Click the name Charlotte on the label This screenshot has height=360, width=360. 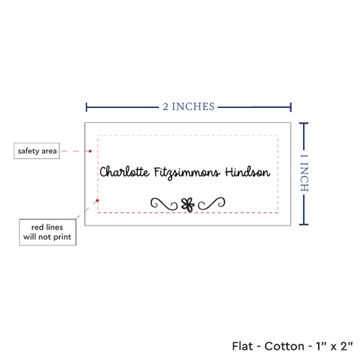pyautogui.click(x=124, y=172)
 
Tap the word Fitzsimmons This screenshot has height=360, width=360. pyautogui.click(x=187, y=173)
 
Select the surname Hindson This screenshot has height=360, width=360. pyautogui.click(x=247, y=172)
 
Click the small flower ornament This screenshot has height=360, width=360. pyautogui.click(x=188, y=205)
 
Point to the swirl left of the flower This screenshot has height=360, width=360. pyautogui.click(x=164, y=204)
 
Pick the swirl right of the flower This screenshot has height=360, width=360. pyautogui.click(x=211, y=204)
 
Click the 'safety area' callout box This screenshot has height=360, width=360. pyautogui.click(x=37, y=151)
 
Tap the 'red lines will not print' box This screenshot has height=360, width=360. pyautogui.click(x=48, y=232)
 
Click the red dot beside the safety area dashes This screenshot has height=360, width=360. pyautogui.click(x=90, y=151)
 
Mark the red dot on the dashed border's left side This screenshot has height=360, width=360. pyautogui.click(x=98, y=200)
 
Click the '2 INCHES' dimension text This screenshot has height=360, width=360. pyautogui.click(x=189, y=107)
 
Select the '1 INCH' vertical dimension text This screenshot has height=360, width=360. pyautogui.click(x=304, y=173)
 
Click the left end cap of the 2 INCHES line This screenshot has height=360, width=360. pyautogui.click(x=86, y=107)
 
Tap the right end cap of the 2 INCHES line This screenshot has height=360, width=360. pyautogui.click(x=291, y=107)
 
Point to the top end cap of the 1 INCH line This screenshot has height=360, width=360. pyautogui.click(x=304, y=124)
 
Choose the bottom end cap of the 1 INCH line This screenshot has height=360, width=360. pyautogui.click(x=304, y=225)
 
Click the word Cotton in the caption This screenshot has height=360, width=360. pyautogui.click(x=284, y=346)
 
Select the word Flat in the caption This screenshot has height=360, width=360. pyautogui.click(x=242, y=346)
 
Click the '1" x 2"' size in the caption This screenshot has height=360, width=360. pyautogui.click(x=334, y=346)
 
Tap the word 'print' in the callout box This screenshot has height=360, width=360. pyautogui.click(x=62, y=237)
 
